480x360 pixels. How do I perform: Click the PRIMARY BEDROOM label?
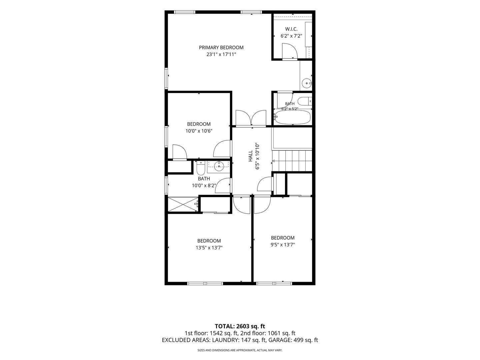221,47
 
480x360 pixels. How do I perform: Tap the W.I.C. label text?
291,29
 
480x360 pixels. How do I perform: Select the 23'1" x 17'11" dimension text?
221,54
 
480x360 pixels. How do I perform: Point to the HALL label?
250,156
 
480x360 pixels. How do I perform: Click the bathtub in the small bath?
293,117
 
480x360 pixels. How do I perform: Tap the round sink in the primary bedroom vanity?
307,83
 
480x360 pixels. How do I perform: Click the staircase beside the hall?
292,161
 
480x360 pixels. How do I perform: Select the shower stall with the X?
183,204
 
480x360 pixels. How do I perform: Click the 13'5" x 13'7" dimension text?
209,248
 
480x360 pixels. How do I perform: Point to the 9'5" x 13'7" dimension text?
283,245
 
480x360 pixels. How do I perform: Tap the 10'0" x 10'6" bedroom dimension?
199,131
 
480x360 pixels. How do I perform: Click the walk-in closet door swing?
290,51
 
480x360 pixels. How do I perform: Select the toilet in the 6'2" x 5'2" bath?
305,101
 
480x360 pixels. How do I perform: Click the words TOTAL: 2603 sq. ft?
240,326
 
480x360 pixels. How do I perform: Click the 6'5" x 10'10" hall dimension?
257,156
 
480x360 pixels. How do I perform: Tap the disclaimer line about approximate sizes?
240,350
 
